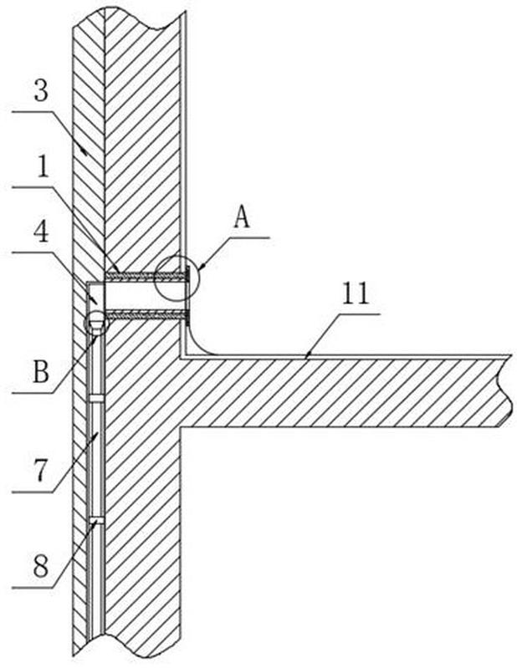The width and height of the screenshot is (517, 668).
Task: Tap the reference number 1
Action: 42,168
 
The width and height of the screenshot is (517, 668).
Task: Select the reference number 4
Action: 41,232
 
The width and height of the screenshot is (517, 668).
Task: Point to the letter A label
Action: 242,217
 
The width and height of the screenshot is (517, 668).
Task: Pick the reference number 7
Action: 40,471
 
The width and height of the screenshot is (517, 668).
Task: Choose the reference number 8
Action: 41,567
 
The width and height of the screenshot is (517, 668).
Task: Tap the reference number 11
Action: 356,293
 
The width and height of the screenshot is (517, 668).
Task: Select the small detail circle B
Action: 96,322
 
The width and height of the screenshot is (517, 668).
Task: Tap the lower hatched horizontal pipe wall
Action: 146,316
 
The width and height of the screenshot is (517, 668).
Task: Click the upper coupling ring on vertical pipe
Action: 96,398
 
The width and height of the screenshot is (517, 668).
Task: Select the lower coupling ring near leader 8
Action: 96,520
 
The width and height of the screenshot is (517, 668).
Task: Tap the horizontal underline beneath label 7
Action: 33,492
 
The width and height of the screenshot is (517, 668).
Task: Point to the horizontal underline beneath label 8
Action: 33,588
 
